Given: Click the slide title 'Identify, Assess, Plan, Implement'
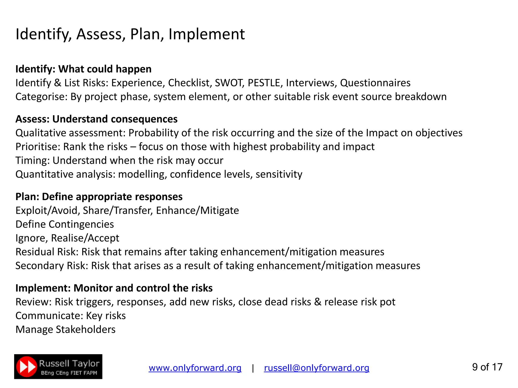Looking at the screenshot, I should tap(130, 34).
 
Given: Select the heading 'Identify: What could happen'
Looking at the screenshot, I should tap(83, 69).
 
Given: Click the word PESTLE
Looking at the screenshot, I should tap(264, 83).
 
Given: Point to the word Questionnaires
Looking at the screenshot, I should tap(375, 83).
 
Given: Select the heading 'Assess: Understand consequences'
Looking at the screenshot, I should tap(96, 119).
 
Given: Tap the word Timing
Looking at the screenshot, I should tap(32, 161).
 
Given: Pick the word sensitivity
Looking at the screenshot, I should tap(279, 174).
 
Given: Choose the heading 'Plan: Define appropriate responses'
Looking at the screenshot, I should tap(99, 197).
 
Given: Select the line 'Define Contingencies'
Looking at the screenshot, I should tap(65, 224).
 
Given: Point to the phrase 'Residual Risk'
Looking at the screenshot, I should tap(47, 252).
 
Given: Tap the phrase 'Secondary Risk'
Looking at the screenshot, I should tap(51, 266).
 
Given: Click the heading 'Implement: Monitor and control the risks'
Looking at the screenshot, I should tap(114, 288).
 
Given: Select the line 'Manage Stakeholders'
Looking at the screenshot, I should tap(66, 330).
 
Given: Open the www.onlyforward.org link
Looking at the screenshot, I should tap(195, 368).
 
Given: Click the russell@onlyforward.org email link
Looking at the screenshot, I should tap(316, 368).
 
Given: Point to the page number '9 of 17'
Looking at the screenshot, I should tap(487, 367).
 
